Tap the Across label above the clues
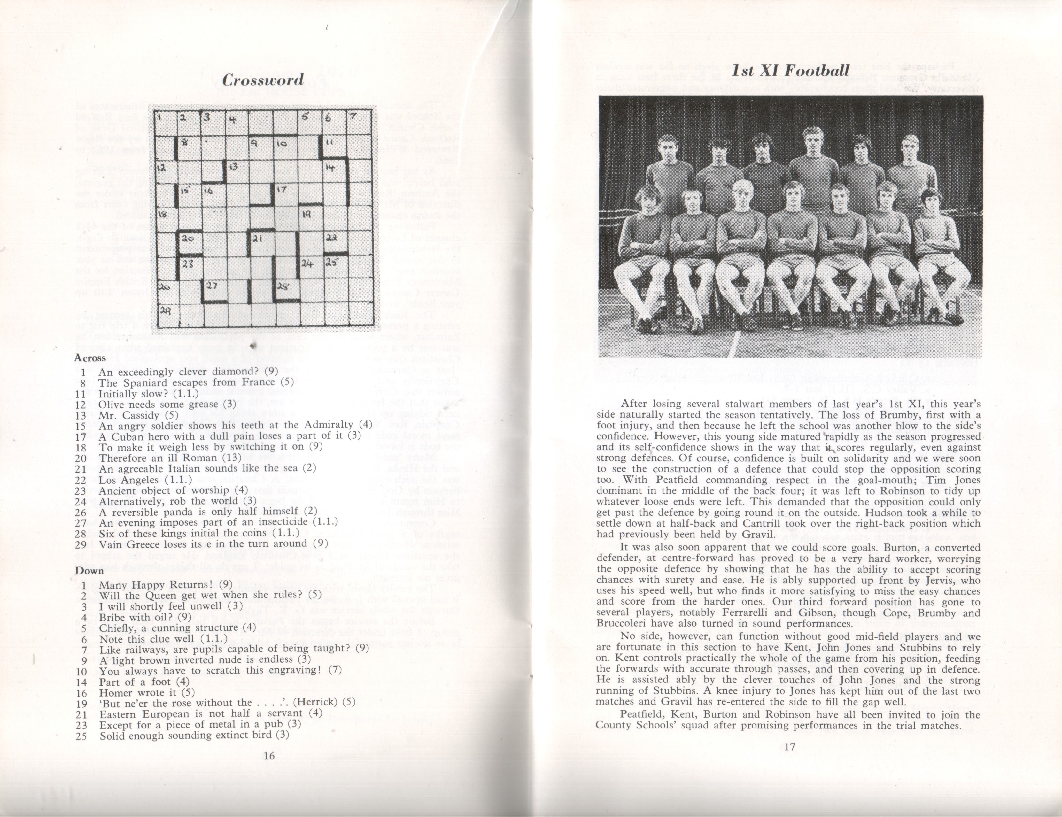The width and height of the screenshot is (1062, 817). pos(90,358)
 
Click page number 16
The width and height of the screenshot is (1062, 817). pos(268,755)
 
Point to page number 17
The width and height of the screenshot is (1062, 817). pos(790,746)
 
